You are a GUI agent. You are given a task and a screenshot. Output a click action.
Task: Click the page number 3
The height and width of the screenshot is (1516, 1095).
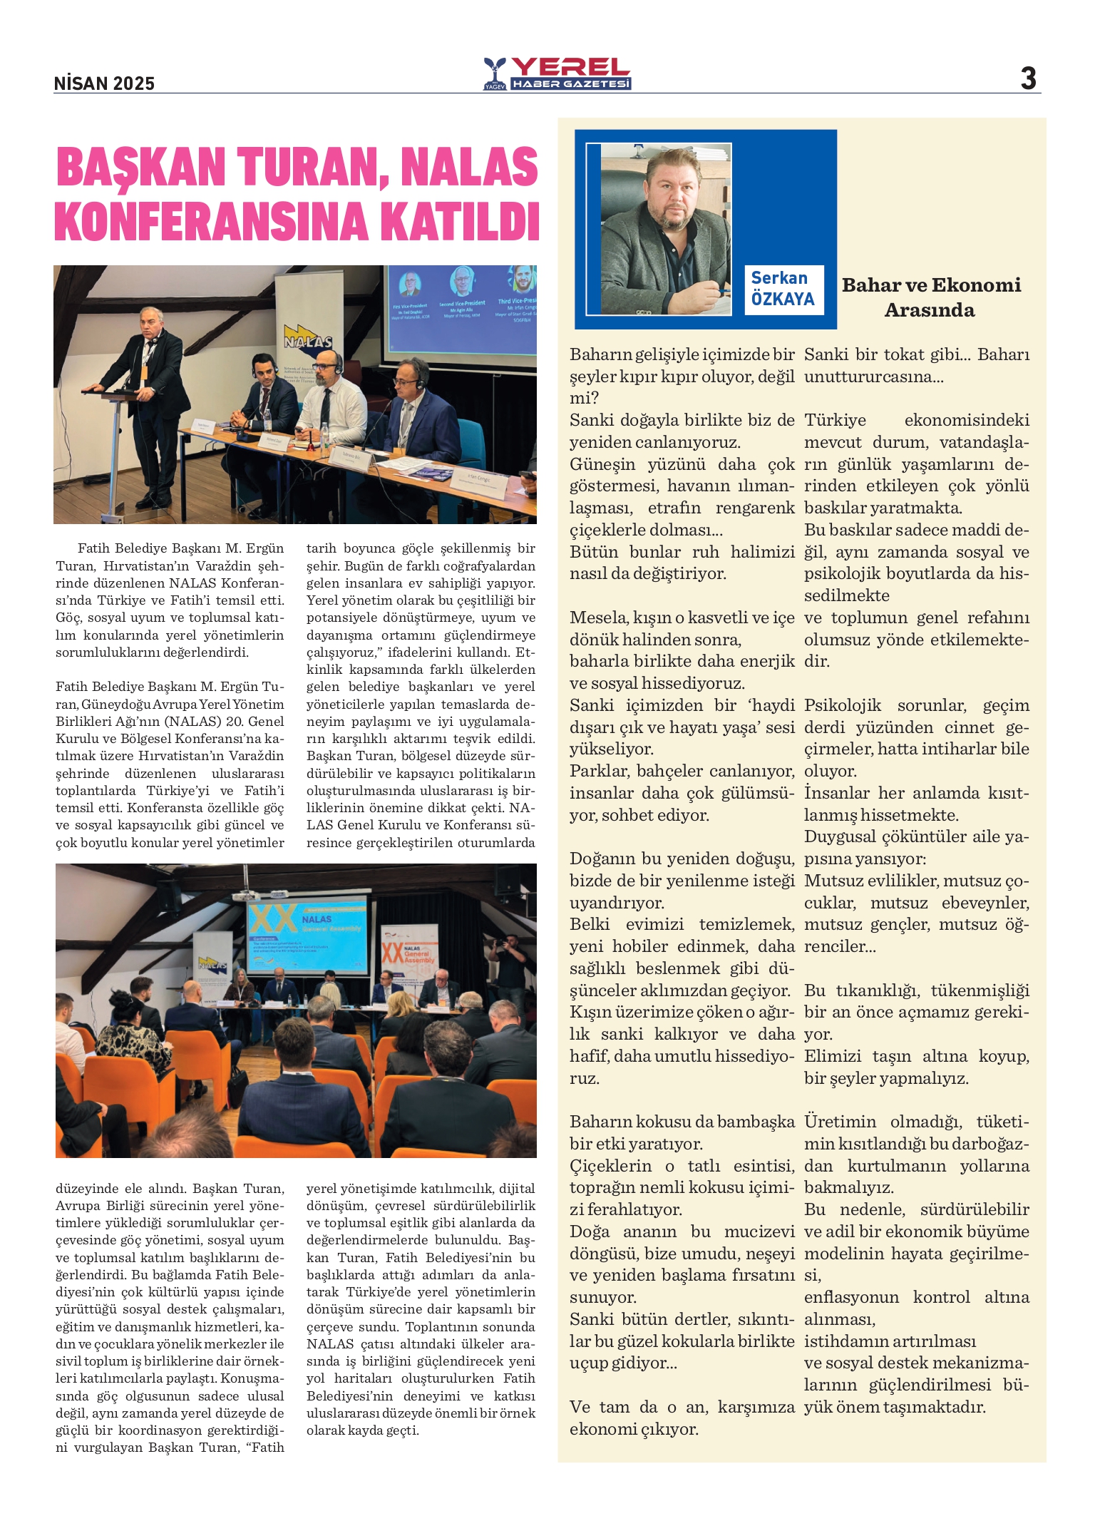pyautogui.click(x=1027, y=78)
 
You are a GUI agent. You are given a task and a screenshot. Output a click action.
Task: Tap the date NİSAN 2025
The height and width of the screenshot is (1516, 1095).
pyautogui.click(x=104, y=83)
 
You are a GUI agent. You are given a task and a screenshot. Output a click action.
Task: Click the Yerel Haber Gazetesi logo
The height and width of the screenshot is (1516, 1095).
pyautogui.click(x=557, y=74)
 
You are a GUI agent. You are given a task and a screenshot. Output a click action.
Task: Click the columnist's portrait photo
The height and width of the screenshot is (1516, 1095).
pyautogui.click(x=665, y=229)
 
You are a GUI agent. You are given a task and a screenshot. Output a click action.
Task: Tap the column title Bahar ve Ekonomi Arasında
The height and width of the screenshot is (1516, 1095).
pyautogui.click(x=930, y=297)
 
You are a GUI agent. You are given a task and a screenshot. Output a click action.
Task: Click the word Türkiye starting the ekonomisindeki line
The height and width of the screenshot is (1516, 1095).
pyautogui.click(x=835, y=420)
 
